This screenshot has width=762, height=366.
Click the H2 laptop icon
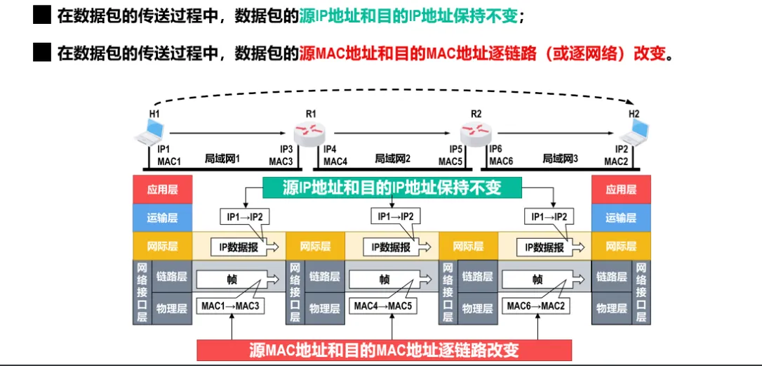pos(636,131)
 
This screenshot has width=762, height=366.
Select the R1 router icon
pos(310,131)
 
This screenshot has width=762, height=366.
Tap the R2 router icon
pos(476,131)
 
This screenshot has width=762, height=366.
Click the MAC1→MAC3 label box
pos(230,306)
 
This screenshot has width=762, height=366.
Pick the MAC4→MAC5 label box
pos(382,306)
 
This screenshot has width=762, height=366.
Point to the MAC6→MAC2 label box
pos(536,306)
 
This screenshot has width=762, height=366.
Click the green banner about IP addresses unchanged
pos(392,187)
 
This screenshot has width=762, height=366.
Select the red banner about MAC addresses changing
pos(384,350)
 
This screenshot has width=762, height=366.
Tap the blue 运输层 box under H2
pos(621,218)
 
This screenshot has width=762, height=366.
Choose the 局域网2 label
pos(392,159)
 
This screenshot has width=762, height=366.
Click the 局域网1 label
pos(222,159)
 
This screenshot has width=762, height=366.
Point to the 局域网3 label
pos(560,159)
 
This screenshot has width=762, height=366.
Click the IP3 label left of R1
pos(286,149)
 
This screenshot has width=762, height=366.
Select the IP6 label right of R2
pos(495,149)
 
